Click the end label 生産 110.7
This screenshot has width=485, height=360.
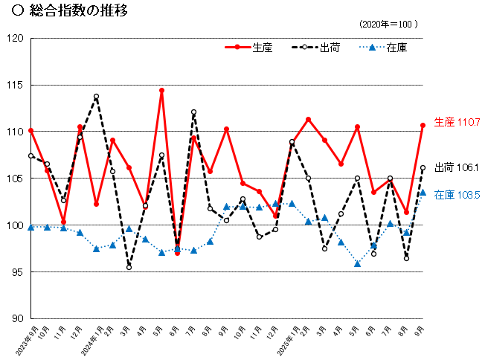coord(457,121)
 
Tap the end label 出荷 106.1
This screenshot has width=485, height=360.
coord(457,168)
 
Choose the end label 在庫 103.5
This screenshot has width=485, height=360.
coord(457,195)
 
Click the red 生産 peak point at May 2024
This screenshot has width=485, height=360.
coord(161,90)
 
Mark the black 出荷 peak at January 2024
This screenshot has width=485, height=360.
coord(96,97)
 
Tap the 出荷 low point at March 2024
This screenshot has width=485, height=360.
coord(129,267)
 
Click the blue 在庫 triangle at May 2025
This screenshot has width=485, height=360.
coord(357,263)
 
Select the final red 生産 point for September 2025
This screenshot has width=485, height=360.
coord(423,125)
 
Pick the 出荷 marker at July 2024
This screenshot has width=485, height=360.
coord(193,112)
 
